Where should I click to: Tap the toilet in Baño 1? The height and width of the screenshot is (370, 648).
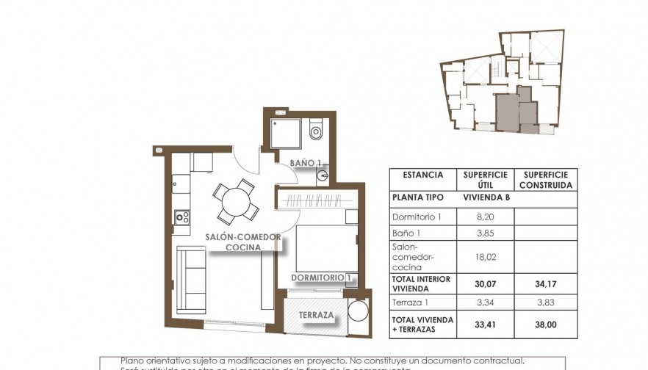(x=316, y=131)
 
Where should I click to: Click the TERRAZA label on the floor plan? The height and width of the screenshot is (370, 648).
(x=317, y=316)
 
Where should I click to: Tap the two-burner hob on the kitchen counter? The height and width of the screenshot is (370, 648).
(x=181, y=217)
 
